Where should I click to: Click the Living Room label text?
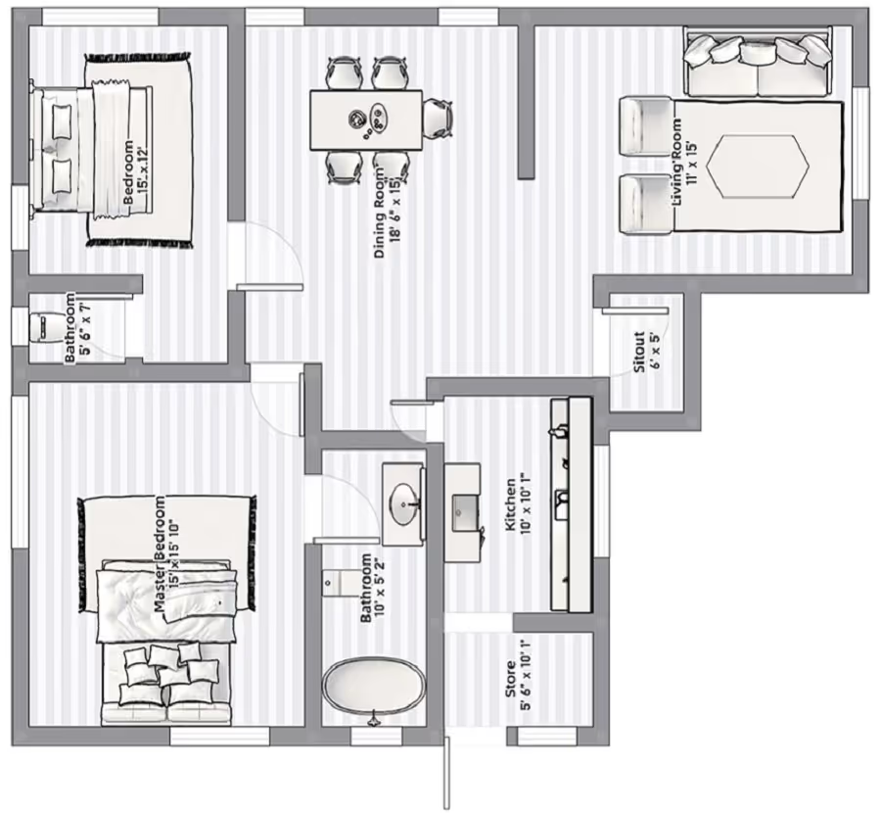click(684, 162)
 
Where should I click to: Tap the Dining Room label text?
click(388, 211)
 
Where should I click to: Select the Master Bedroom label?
click(167, 554)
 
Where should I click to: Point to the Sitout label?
click(647, 353)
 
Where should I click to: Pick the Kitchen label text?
click(518, 504)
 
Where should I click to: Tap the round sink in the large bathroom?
click(405, 504)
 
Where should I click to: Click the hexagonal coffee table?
click(758, 166)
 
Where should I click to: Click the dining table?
click(366, 120)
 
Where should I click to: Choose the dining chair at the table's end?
click(438, 119)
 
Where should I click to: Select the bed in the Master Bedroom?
click(166, 641)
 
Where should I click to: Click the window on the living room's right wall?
click(860, 143)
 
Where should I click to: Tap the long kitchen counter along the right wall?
click(572, 504)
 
